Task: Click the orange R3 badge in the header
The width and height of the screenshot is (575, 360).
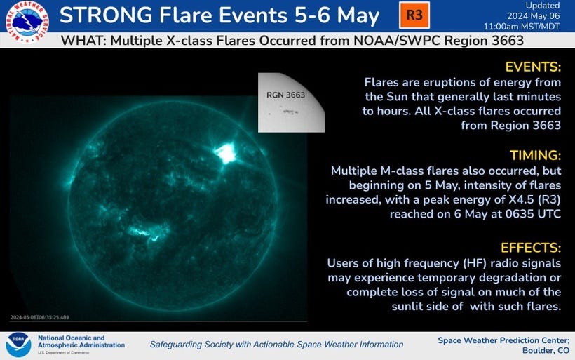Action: [x=414, y=15]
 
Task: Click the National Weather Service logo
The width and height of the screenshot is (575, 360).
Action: [x=27, y=22]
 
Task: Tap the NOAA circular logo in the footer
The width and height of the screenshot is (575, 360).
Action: [x=18, y=345]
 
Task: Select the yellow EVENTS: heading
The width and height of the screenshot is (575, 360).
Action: [x=533, y=67]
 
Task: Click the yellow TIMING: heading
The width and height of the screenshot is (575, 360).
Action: [x=536, y=155]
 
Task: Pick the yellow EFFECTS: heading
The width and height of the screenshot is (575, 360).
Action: [x=531, y=248]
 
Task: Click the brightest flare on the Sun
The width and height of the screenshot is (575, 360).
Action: [x=226, y=153]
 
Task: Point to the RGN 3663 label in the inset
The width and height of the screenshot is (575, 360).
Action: [x=285, y=95]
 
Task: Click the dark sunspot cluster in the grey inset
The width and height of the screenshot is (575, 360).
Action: [x=289, y=111]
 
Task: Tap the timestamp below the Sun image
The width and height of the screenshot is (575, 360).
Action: [x=39, y=317]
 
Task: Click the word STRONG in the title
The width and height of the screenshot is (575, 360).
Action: [x=106, y=15]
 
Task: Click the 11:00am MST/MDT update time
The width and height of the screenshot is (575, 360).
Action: [x=522, y=27]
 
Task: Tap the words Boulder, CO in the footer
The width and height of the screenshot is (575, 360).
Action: [x=546, y=350]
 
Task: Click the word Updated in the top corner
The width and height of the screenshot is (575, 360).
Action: [x=543, y=6]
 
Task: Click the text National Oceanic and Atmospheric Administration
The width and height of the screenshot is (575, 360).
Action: [x=81, y=341]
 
